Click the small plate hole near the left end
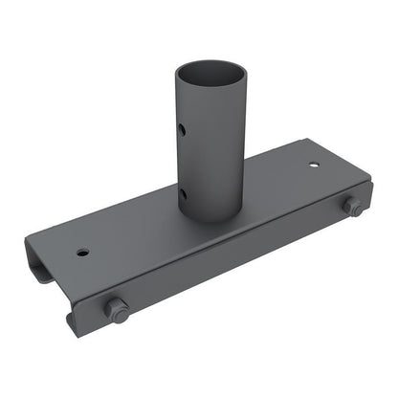coord(83,253)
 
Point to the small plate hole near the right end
coord(313,164)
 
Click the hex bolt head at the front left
coord(118,309)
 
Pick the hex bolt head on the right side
coord(352,207)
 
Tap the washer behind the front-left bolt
coord(108,307)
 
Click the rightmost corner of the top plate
coord(369,181)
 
